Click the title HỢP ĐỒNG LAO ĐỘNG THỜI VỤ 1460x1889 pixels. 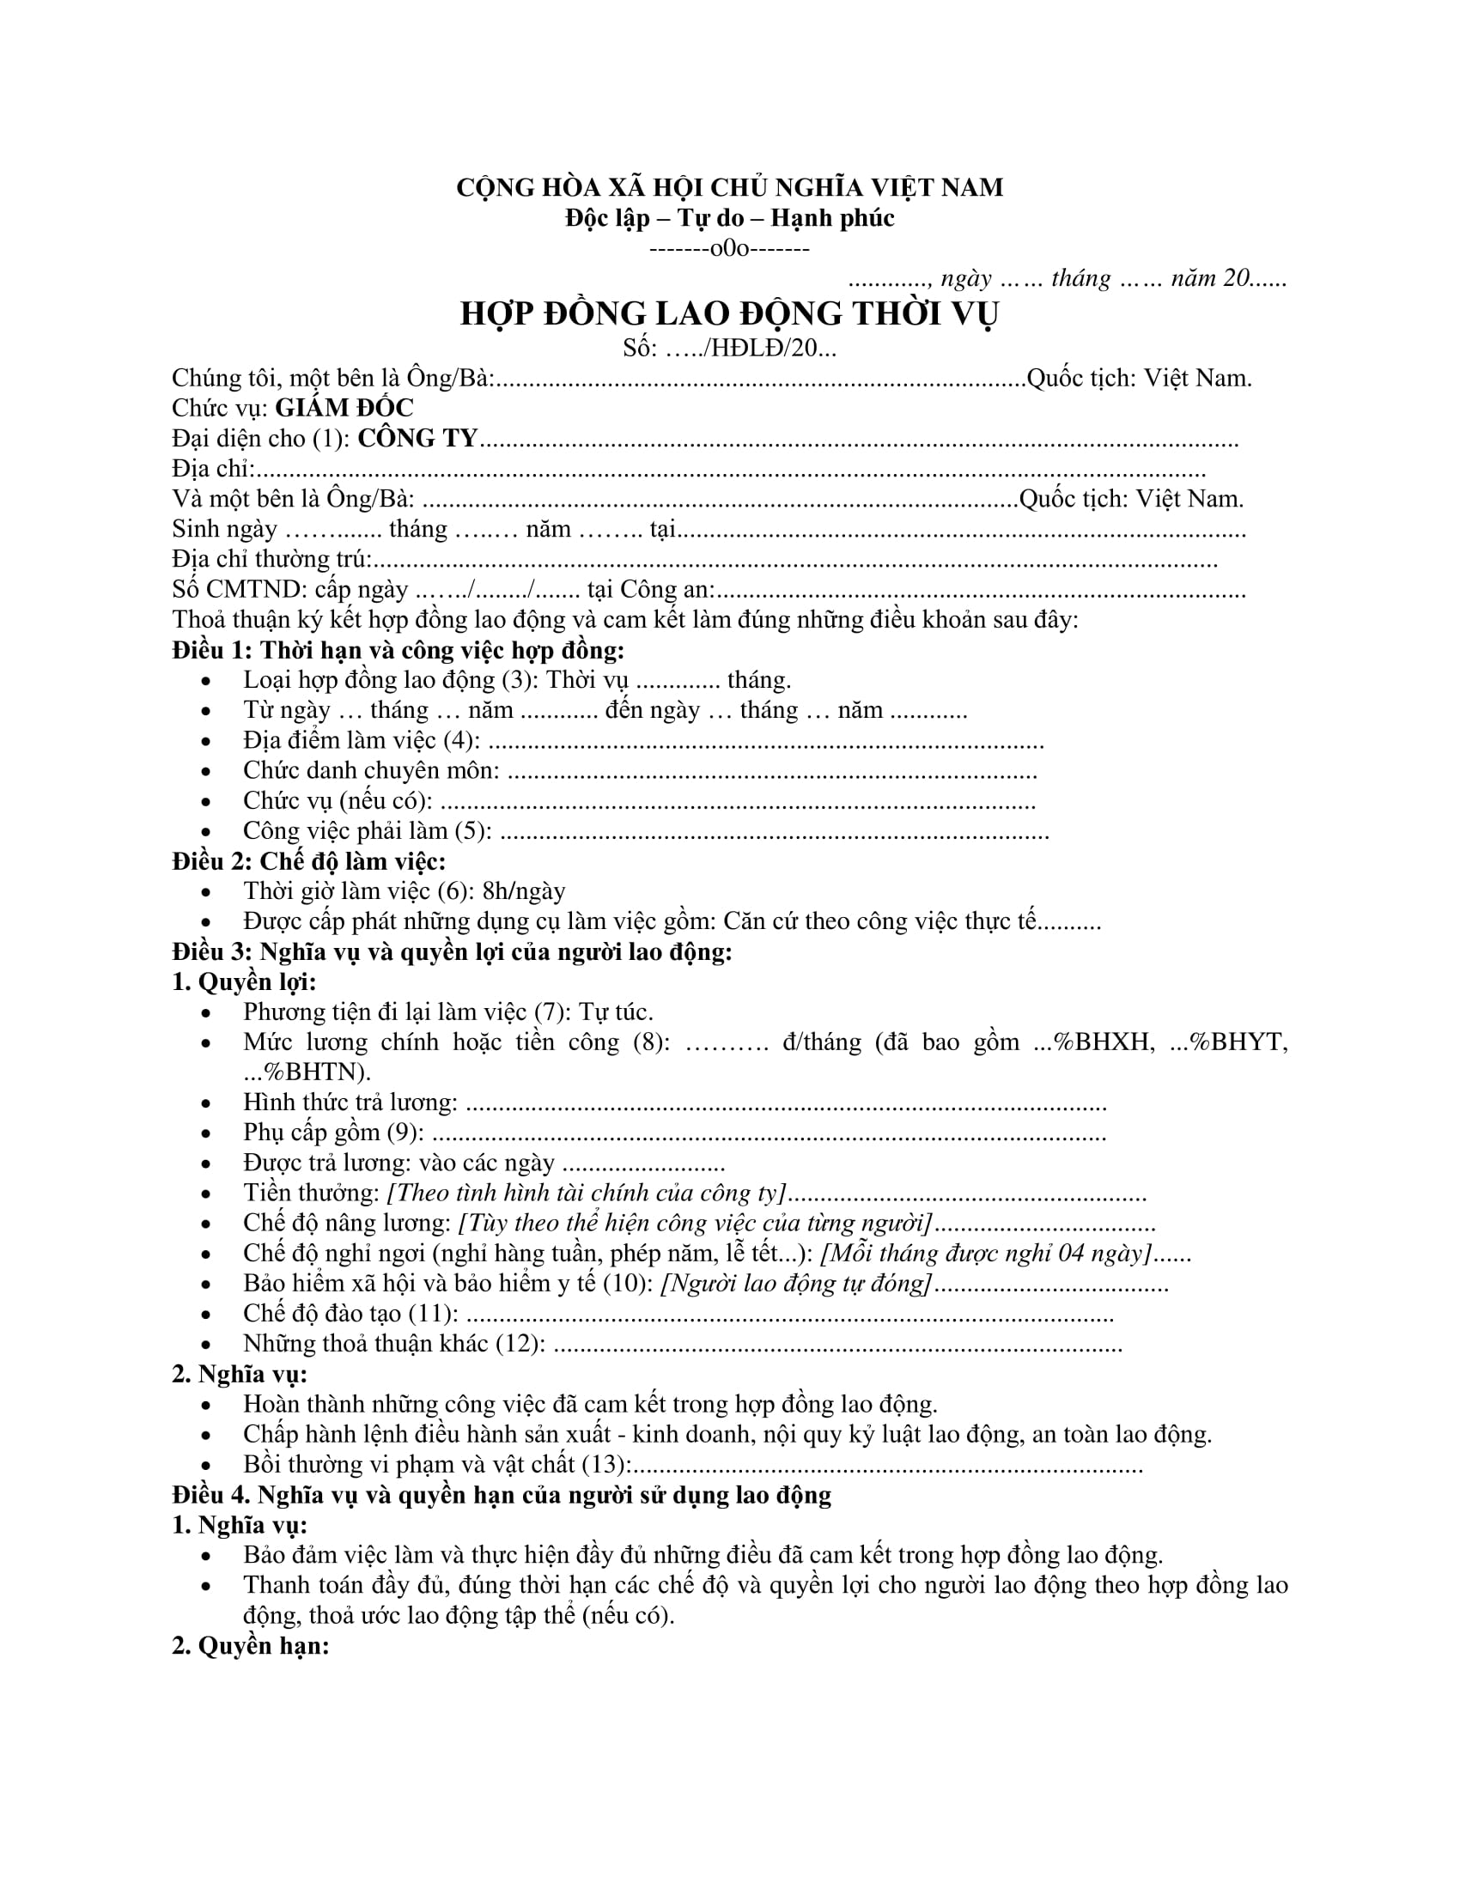(729, 313)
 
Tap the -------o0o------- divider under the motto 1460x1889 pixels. (729, 249)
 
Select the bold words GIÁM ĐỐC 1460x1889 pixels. (344, 407)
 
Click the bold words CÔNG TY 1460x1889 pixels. (417, 439)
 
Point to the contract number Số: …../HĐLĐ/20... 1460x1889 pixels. (729, 348)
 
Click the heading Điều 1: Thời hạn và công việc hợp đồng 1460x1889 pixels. (398, 650)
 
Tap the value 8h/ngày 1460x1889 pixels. (524, 891)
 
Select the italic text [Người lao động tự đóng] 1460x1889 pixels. (797, 1283)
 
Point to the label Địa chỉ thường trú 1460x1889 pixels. (271, 559)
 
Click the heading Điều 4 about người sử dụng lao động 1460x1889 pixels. (502, 1495)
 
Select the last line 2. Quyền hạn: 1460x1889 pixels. (251, 1645)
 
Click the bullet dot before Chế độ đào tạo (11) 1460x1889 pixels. (206, 1315)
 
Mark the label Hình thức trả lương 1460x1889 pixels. (350, 1102)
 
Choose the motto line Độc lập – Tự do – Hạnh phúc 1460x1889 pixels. (729, 218)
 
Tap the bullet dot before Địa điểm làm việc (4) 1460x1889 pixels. (206, 742)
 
